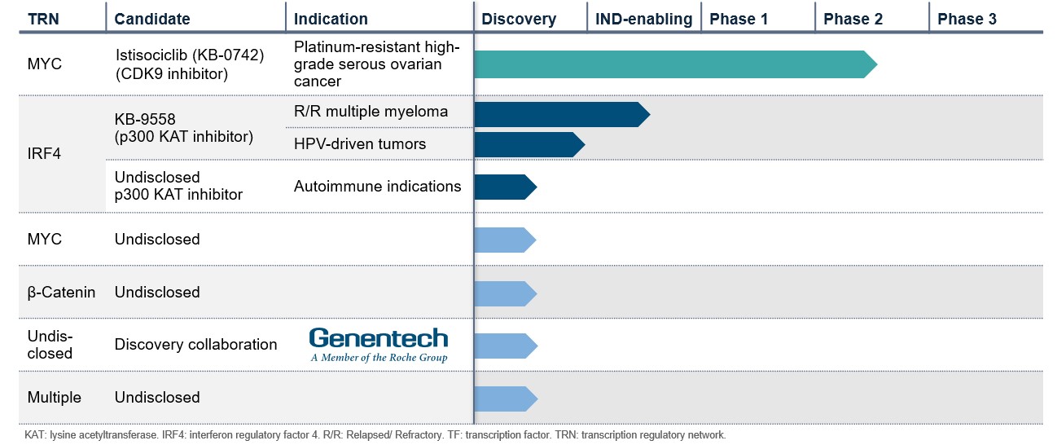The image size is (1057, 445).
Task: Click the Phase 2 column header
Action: (x=853, y=19)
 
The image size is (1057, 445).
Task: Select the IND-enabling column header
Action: (x=643, y=19)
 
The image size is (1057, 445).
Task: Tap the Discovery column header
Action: (x=519, y=19)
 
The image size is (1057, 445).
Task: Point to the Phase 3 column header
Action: (x=967, y=19)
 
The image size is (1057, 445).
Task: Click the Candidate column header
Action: (x=152, y=19)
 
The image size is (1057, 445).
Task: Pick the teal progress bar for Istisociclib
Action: (x=672, y=64)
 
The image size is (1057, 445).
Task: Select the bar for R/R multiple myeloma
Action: (x=560, y=114)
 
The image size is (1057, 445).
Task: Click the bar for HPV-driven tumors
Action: (x=528, y=144)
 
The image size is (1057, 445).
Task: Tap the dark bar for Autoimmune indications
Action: (x=504, y=187)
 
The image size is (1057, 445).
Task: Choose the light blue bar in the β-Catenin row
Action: (x=504, y=293)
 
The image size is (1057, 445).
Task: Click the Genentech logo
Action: (x=379, y=345)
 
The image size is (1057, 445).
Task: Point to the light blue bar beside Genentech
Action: (x=504, y=346)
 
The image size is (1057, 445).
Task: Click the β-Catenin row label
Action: (x=61, y=292)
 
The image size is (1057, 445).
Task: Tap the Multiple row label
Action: (x=55, y=398)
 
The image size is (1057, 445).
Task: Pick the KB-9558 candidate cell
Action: (x=183, y=129)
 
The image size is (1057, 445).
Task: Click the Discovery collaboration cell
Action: (x=195, y=345)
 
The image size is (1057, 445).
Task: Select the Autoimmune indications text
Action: (x=377, y=187)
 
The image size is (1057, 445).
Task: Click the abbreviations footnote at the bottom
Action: (x=375, y=435)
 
